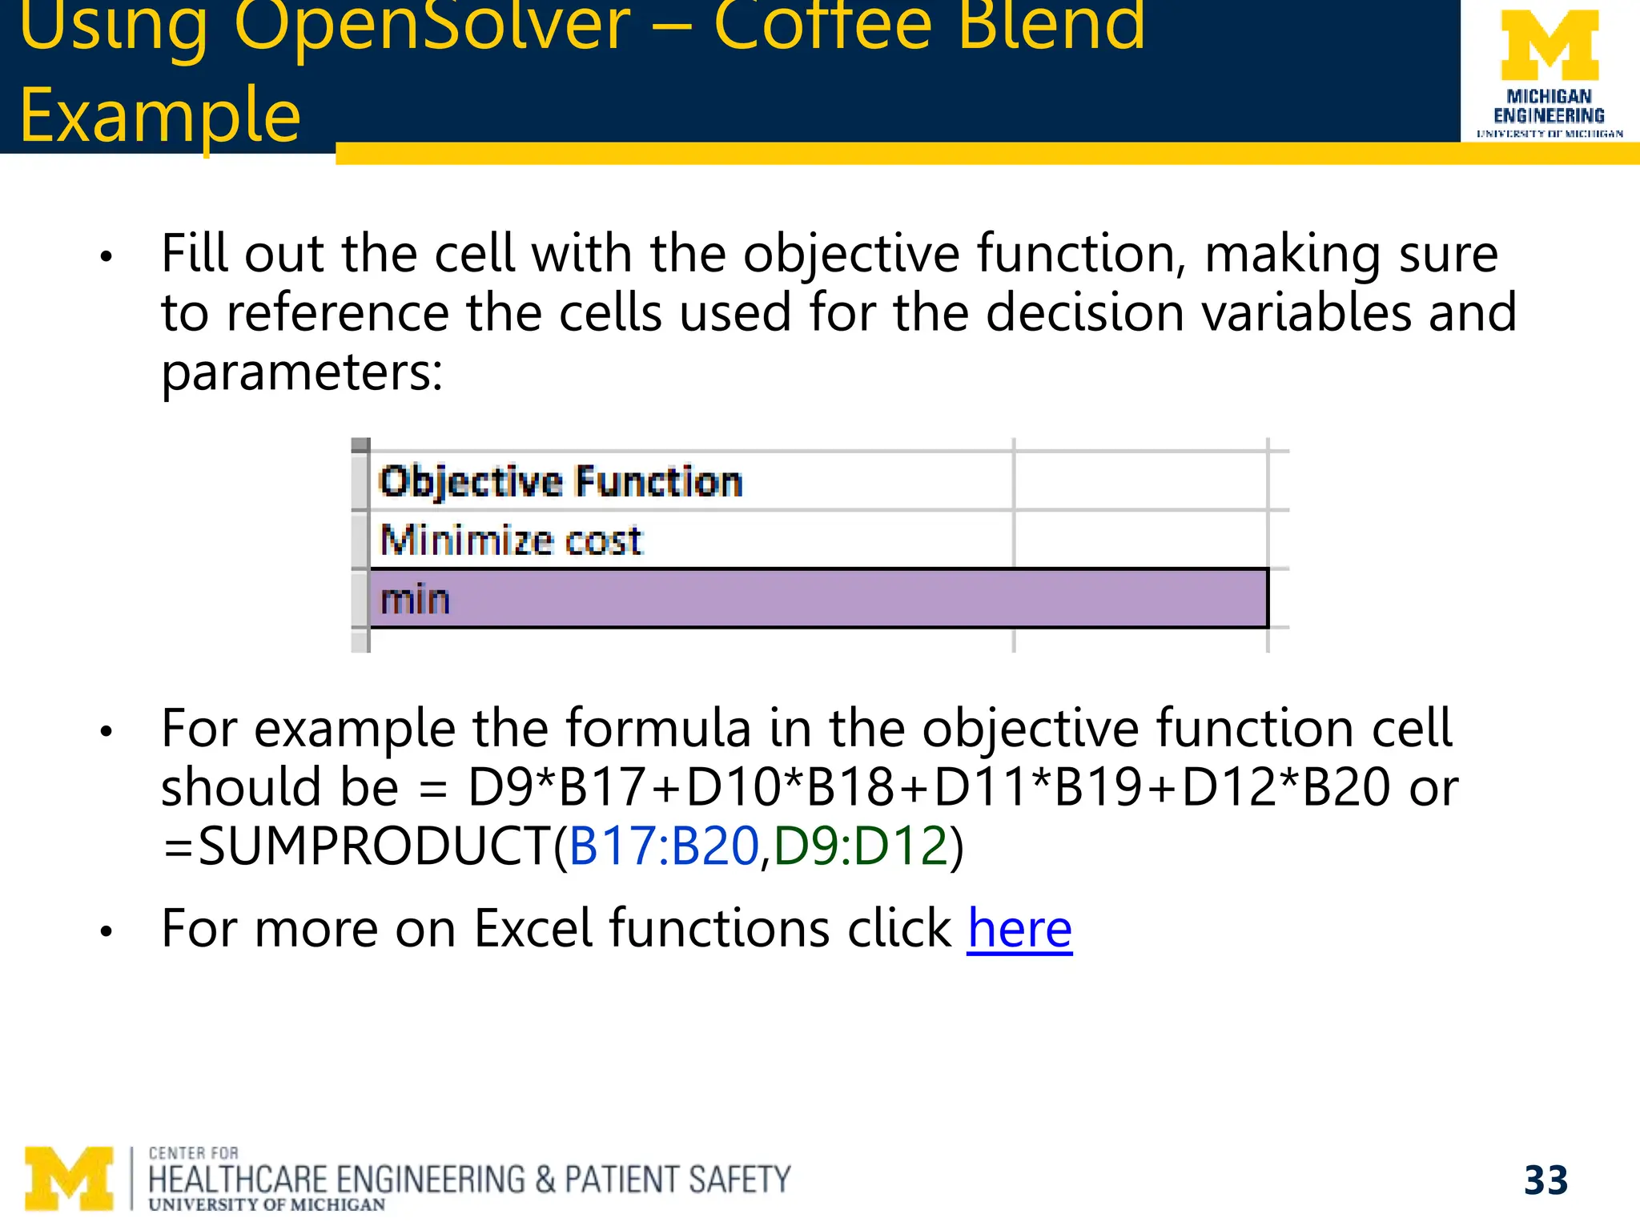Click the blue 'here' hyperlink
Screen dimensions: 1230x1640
click(x=1019, y=929)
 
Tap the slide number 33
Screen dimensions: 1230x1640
click(x=1546, y=1180)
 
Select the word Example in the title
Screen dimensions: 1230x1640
click(x=160, y=116)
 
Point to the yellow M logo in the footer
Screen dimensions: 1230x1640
click(x=69, y=1179)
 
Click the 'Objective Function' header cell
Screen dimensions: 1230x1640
click(x=561, y=482)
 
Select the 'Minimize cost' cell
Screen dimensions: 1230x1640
click(x=511, y=541)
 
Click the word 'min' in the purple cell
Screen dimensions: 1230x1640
click(x=415, y=600)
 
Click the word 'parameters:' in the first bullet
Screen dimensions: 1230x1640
click(x=302, y=372)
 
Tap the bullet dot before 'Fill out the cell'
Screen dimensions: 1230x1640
click(x=106, y=258)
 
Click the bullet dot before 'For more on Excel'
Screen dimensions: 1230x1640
click(x=106, y=932)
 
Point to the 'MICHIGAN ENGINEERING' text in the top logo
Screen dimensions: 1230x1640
click(x=1549, y=107)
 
